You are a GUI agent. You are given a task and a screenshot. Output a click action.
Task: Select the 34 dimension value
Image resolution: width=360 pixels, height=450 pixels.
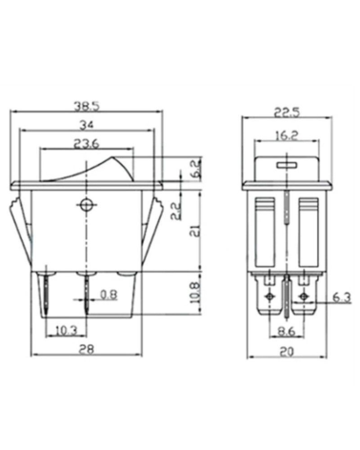click(x=87, y=126)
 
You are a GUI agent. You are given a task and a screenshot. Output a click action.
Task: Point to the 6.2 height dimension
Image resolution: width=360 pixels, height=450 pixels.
click(x=196, y=170)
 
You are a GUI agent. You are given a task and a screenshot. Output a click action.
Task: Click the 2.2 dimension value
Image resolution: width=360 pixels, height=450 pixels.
click(x=175, y=211)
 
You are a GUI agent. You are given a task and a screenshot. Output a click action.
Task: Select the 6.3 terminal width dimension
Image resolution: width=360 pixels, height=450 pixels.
click(x=340, y=299)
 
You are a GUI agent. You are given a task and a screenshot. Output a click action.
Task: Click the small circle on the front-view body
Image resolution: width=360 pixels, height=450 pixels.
click(x=88, y=203)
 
